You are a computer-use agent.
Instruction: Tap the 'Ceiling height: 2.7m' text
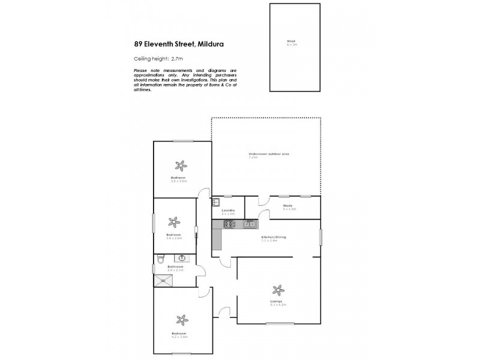(x=157, y=58)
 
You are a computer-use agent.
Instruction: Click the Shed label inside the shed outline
(x=292, y=43)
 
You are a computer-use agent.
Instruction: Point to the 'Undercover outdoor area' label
(x=269, y=155)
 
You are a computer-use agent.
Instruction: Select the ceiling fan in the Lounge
(x=277, y=289)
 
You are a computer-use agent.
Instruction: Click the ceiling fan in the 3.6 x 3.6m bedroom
(x=179, y=166)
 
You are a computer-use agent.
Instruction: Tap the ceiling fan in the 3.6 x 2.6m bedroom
(x=174, y=223)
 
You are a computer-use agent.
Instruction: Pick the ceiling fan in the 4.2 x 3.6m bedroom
(x=179, y=320)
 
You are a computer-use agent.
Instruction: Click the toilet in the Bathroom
(x=160, y=259)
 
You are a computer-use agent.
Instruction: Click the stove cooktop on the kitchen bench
(x=229, y=224)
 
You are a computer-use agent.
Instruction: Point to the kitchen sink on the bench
(x=251, y=224)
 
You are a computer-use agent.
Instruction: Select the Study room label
(x=288, y=206)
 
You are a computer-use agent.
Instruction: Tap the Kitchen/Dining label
(x=273, y=237)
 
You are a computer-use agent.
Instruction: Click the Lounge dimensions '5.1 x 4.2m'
(x=278, y=305)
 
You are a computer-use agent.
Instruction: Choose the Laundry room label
(x=227, y=210)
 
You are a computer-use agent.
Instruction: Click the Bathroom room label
(x=175, y=266)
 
